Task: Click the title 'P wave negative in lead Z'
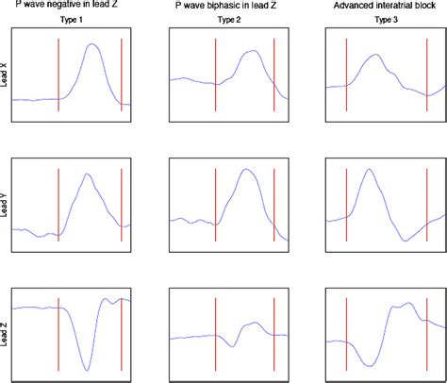point(71,5)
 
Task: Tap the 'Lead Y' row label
point(5,205)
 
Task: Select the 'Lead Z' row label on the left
point(5,335)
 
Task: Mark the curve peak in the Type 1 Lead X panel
point(91,44)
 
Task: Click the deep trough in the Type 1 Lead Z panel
point(87,369)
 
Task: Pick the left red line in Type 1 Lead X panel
point(58,75)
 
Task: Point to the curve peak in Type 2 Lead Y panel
point(247,170)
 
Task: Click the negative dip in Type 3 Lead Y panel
point(405,240)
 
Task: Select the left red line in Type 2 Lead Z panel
point(216,335)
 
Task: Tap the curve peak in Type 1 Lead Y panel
point(87,174)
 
